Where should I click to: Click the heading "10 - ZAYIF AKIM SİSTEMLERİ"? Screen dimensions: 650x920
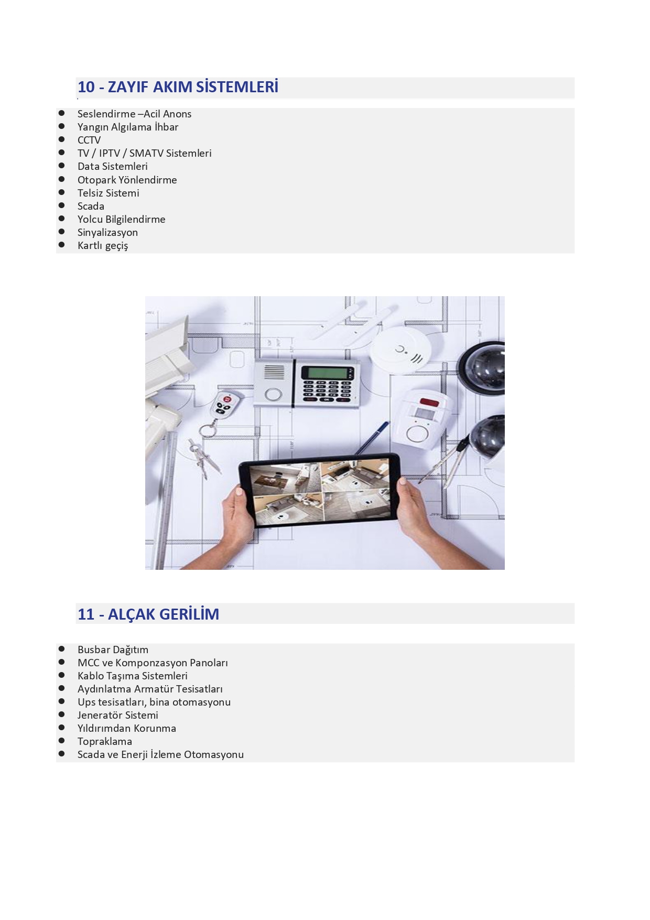178,87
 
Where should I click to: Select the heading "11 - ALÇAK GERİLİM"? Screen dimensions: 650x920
148,614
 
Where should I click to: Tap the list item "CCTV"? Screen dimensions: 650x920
89,140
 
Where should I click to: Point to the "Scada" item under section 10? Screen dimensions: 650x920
91,206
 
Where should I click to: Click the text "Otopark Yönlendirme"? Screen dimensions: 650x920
127,180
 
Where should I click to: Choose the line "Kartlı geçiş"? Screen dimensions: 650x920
103,246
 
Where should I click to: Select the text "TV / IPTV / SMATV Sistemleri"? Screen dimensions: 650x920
145,153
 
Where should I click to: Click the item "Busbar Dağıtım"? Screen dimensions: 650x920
113,650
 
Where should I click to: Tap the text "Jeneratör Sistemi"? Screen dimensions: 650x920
118,715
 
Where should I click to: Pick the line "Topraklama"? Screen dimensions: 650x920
105,742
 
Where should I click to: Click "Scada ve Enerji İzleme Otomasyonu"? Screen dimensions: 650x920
160,754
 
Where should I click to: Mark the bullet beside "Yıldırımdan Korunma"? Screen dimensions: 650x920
61,728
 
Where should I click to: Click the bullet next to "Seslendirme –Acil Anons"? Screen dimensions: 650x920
61,113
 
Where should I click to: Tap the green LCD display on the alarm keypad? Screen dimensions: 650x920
328,373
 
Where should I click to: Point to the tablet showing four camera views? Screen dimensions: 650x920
319,490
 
